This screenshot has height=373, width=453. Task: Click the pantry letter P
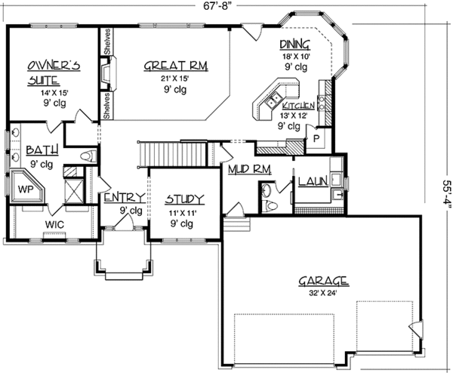[x=316, y=139]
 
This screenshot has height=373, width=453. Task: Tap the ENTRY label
[x=125, y=198]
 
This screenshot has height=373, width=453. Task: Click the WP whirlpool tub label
[x=25, y=187]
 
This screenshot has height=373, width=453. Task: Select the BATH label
[x=38, y=151]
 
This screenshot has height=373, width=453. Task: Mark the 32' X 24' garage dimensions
[x=322, y=294]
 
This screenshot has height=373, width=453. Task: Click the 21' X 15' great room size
[x=176, y=79]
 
